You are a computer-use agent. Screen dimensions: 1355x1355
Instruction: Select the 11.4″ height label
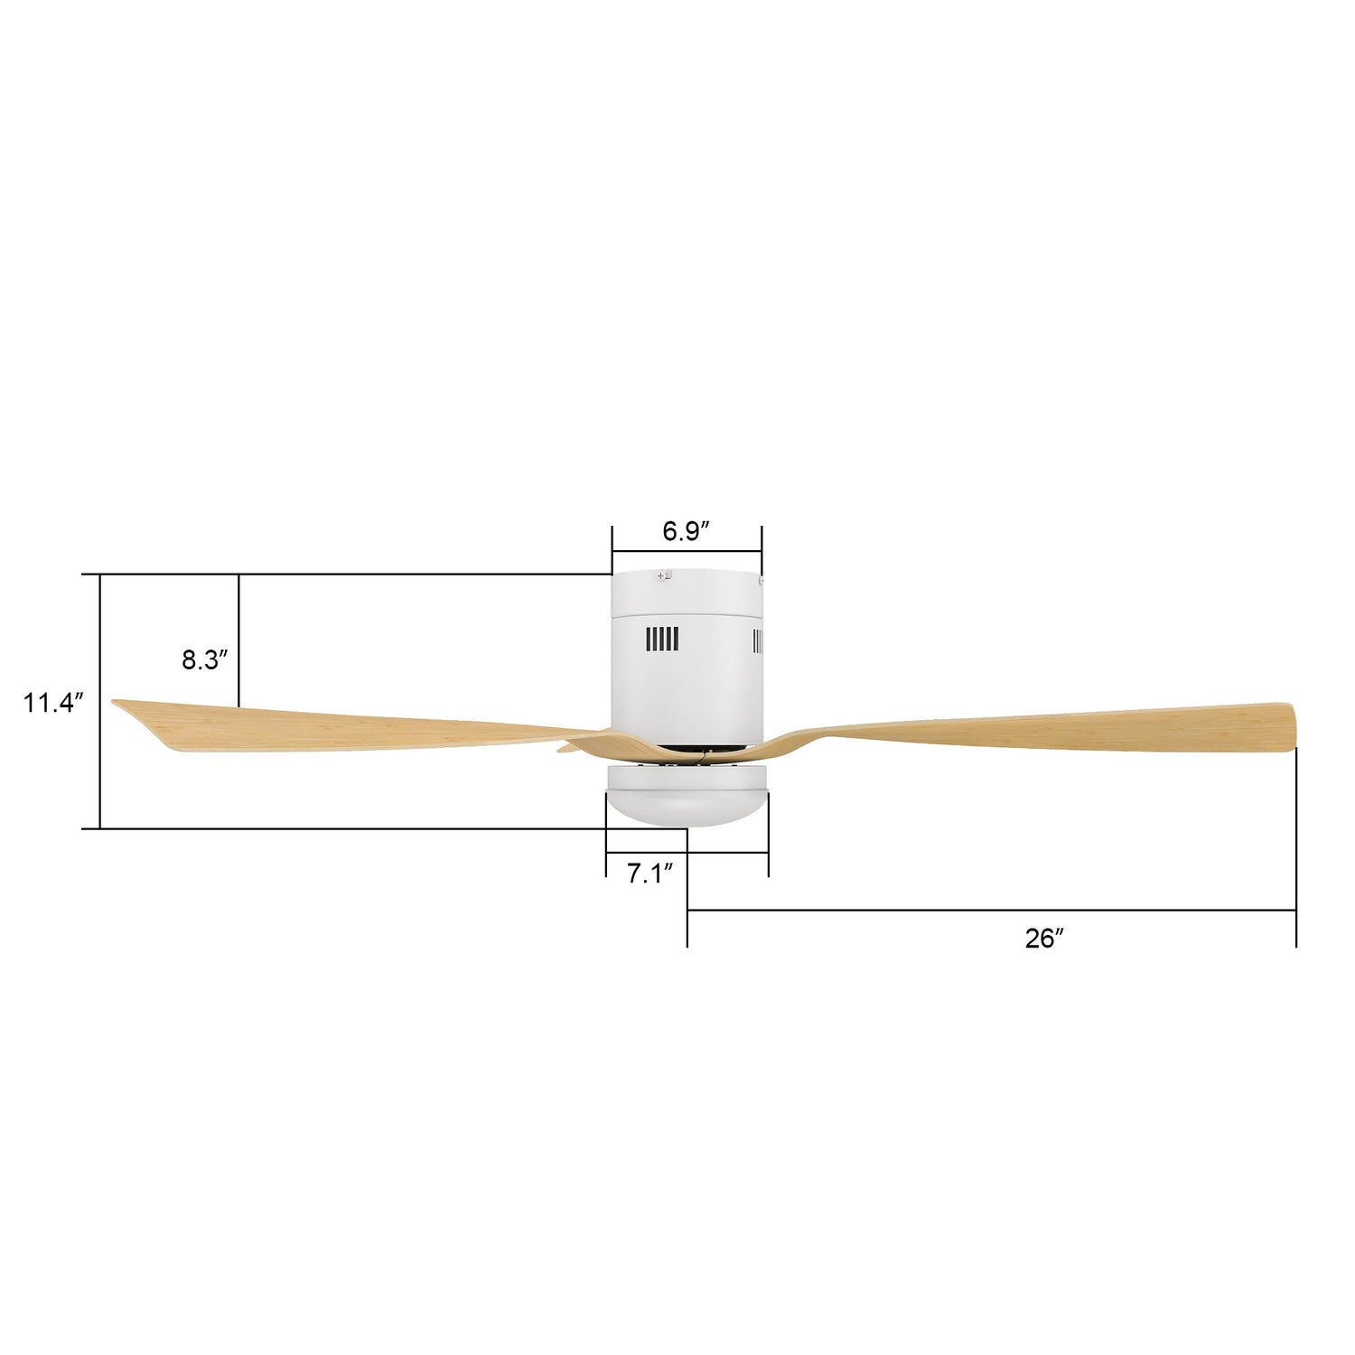pyautogui.click(x=53, y=702)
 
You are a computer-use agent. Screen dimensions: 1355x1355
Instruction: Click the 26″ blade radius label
pyautogui.click(x=1043, y=939)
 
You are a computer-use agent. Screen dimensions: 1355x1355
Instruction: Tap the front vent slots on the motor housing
pyautogui.click(x=661, y=640)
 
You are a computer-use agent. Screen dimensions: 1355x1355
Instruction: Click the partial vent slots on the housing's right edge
pyautogui.click(x=758, y=642)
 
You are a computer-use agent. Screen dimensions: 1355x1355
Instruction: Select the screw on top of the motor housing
pyautogui.click(x=666, y=575)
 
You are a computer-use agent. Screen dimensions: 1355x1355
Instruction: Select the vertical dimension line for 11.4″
pyautogui.click(x=99, y=701)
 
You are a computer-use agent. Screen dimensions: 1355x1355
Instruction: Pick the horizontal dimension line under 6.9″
pyautogui.click(x=687, y=550)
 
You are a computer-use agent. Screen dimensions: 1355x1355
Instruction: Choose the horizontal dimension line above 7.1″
pyautogui.click(x=687, y=852)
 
